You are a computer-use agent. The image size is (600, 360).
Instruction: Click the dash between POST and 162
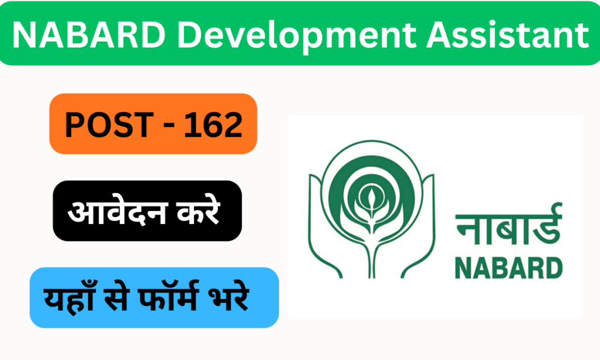click(x=165, y=125)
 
